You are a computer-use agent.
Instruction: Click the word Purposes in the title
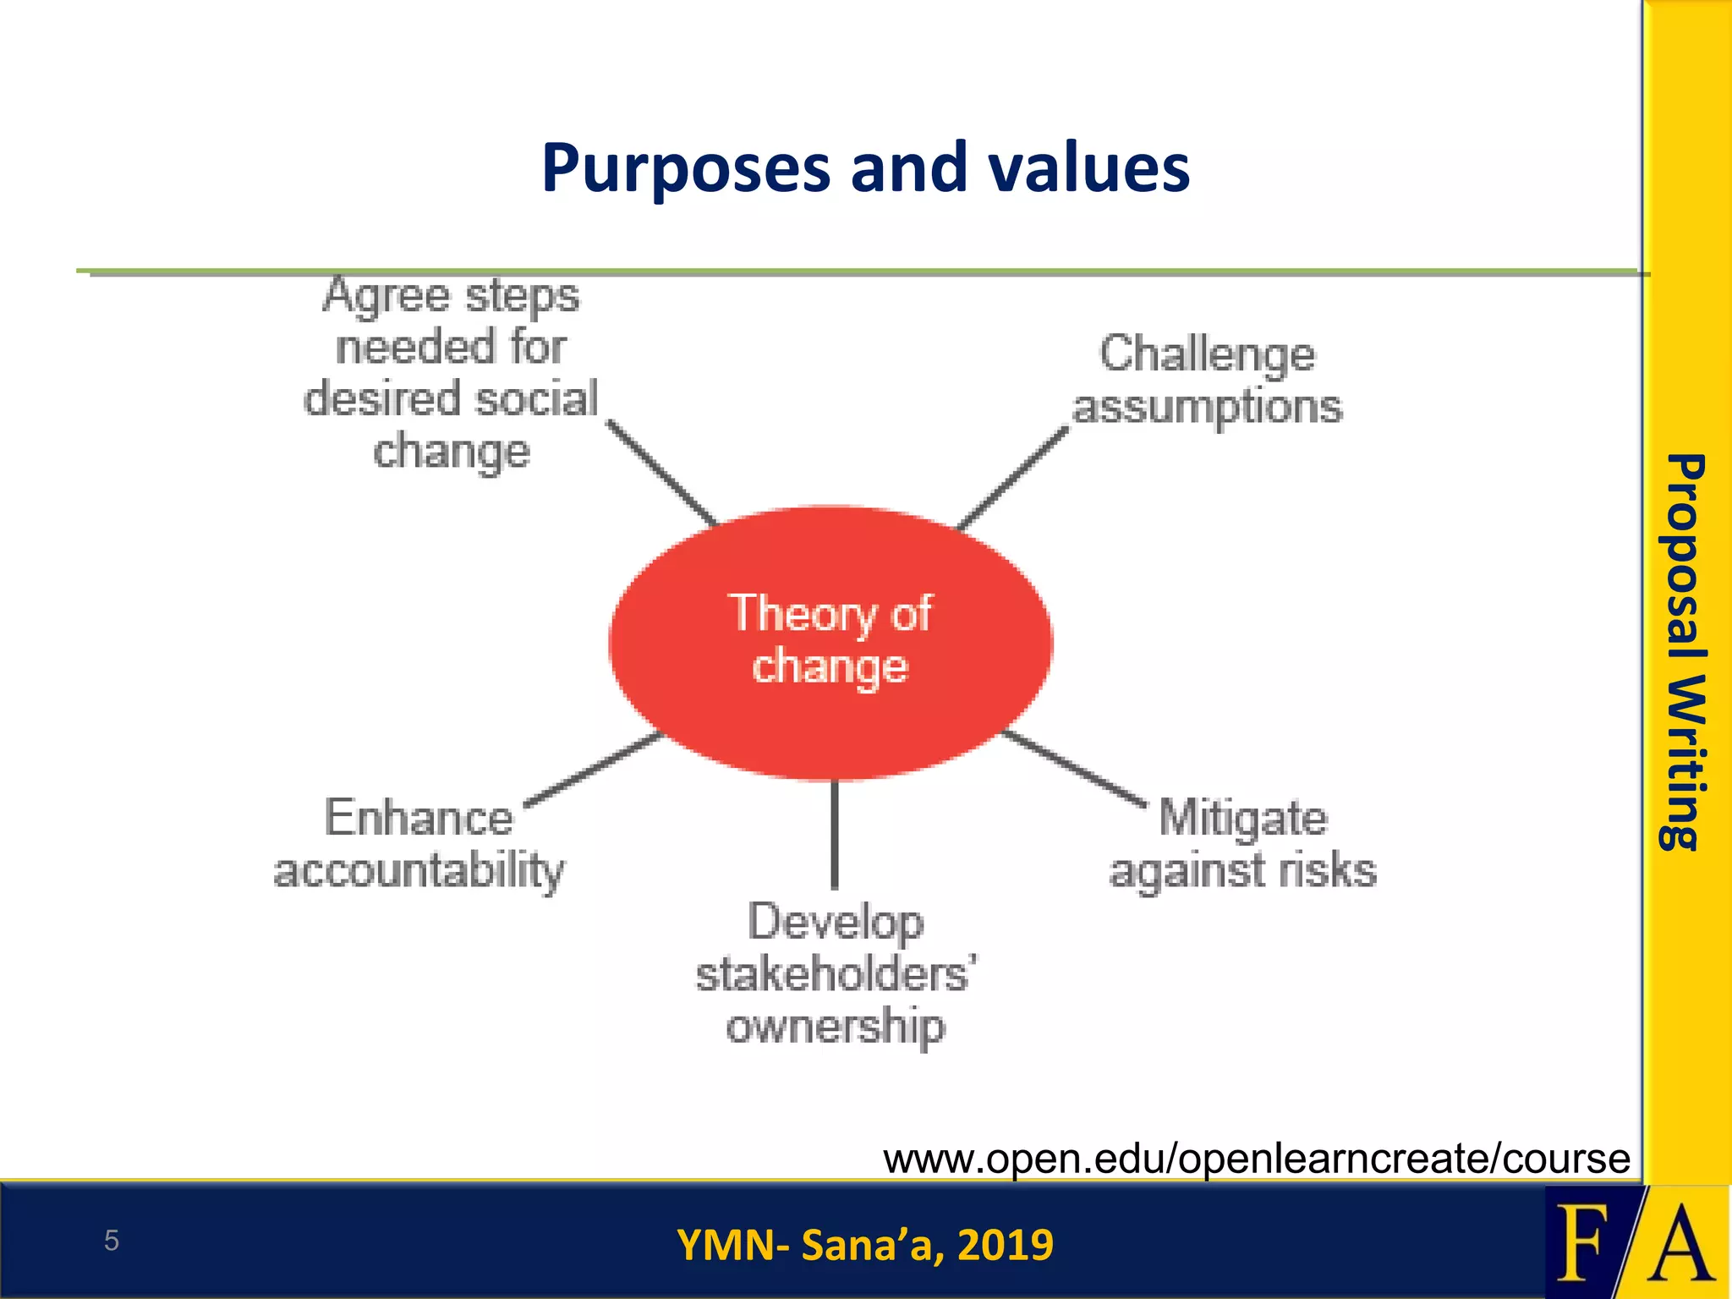tap(685, 169)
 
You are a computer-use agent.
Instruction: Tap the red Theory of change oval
tap(830, 643)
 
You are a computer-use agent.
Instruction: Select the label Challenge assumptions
tap(1207, 381)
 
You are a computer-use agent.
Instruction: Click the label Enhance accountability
tap(419, 844)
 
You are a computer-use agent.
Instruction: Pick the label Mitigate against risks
tap(1242, 844)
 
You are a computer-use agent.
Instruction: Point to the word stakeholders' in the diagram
tap(836, 974)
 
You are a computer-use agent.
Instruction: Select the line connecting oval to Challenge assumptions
tap(1013, 479)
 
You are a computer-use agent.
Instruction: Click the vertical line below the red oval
tap(834, 833)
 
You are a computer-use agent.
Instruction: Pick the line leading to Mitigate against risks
tap(1074, 767)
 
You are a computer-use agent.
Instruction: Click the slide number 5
tap(111, 1241)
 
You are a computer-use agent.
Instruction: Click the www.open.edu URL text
tap(1256, 1159)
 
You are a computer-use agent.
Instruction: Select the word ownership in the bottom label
tap(836, 1027)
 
